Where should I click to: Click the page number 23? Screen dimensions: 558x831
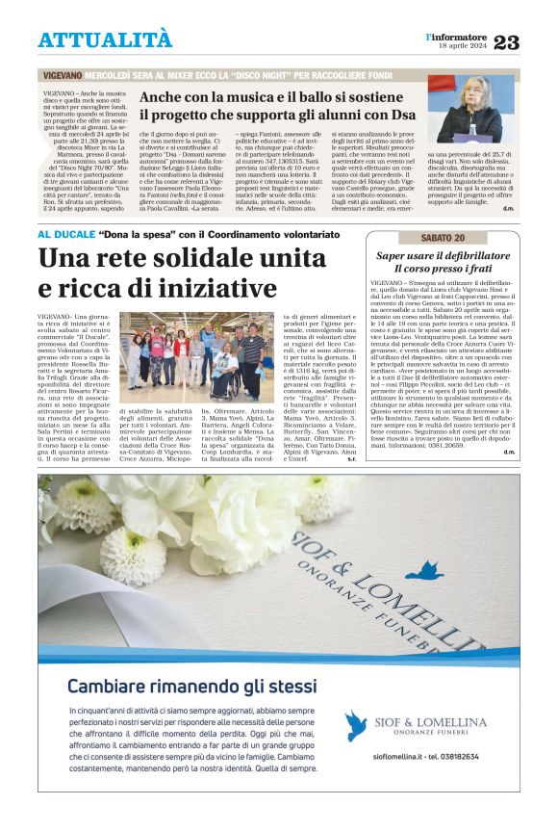[506, 42]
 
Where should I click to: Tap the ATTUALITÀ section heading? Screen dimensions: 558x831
[105, 39]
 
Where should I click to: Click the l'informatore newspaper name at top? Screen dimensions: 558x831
[457, 36]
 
